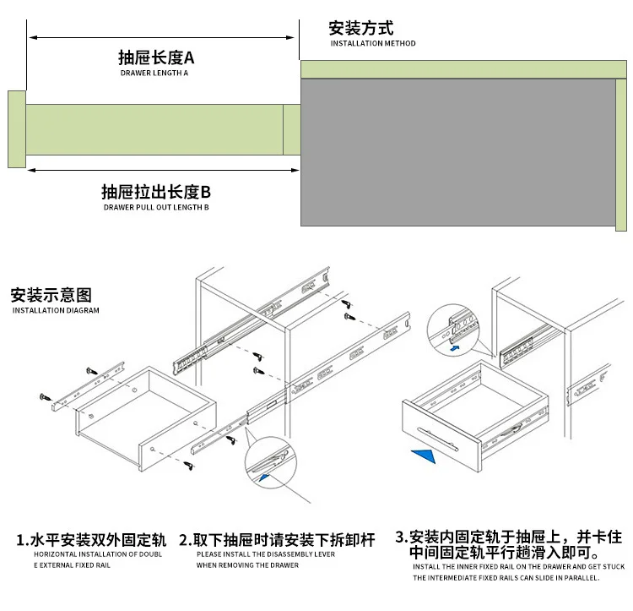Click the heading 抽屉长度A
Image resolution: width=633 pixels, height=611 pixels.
[156, 57]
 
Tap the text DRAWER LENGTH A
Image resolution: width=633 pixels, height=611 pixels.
[154, 74]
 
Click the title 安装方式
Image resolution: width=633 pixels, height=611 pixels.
[361, 28]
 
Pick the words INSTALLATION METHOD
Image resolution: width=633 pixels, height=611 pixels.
[373, 43]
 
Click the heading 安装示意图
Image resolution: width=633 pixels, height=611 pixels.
[51, 296]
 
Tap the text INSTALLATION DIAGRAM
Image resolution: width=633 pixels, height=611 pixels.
[56, 311]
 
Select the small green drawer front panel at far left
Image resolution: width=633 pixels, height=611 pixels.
[17, 129]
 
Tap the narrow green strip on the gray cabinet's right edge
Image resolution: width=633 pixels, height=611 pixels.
[621, 152]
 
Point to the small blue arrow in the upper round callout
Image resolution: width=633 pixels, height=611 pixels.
[454, 346]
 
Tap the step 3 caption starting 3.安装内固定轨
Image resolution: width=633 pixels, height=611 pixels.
[508, 544]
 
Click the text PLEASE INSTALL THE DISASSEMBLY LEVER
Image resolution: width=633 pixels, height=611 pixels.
[266, 554]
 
